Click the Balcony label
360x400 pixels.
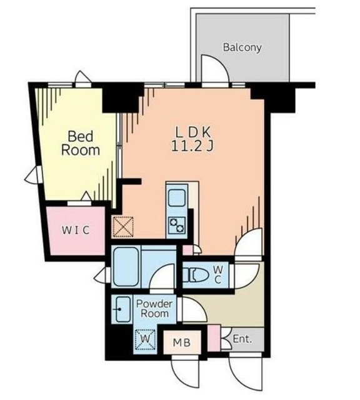pos(242,47)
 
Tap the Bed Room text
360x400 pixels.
pos(81,143)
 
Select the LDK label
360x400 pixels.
pos(193,132)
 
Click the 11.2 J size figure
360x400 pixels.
pos(192,146)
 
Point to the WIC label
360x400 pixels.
pos(76,230)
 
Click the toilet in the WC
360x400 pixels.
pos(198,275)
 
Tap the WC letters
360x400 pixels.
pos(217,274)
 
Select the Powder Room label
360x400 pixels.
pos(154,308)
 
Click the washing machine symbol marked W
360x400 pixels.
pos(145,339)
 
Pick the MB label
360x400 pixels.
pos(182,342)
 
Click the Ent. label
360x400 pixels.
pos(242,339)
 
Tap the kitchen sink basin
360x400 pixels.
pos(177,197)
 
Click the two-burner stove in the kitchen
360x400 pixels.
pos(177,225)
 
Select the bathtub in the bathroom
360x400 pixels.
pos(126,266)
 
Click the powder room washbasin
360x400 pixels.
pos(122,309)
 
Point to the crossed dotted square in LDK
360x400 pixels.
pos(123,227)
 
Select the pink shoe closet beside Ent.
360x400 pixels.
pos(214,338)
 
